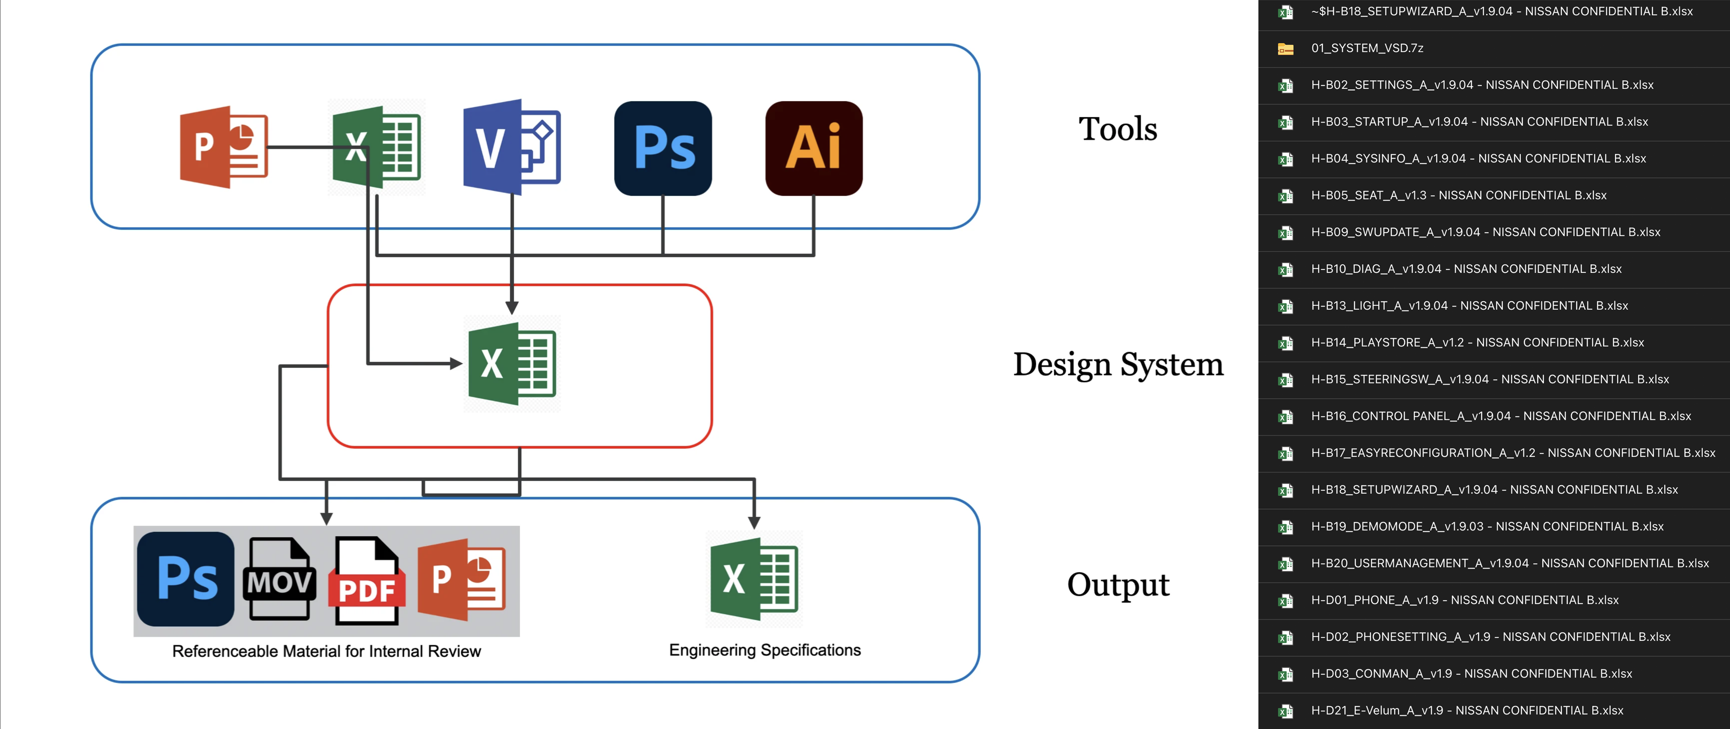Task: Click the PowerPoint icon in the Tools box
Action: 224,147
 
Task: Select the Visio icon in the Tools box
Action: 512,147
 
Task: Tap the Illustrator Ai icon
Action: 813,148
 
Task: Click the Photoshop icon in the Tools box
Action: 663,148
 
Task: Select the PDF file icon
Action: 367,581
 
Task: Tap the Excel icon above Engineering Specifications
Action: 754,579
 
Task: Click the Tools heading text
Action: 1118,129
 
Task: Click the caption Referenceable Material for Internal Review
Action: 326,651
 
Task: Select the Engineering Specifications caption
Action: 764,650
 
